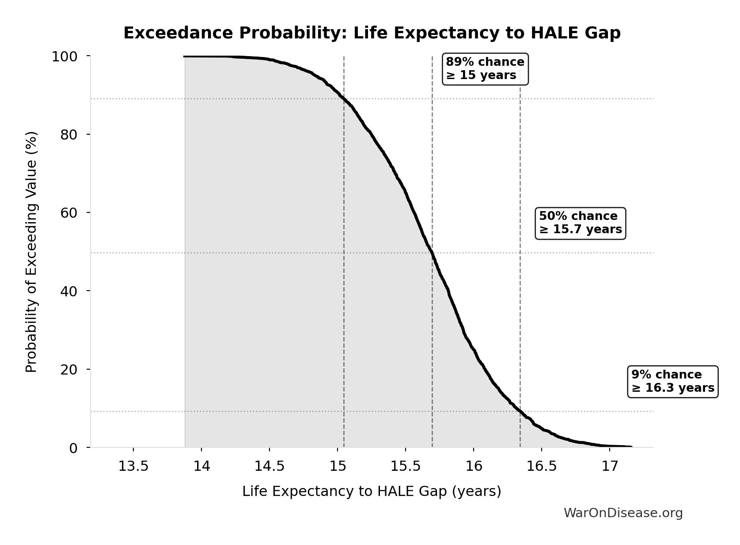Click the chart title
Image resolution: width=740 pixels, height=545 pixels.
click(372, 34)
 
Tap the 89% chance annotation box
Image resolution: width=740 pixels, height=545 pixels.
click(485, 69)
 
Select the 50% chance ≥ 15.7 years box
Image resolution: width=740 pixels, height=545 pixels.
click(580, 223)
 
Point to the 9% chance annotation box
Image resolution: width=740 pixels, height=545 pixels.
click(672, 382)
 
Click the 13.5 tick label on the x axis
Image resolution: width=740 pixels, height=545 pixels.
click(133, 466)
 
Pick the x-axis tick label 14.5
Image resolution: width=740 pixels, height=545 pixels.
click(269, 466)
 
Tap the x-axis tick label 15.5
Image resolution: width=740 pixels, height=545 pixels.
click(405, 466)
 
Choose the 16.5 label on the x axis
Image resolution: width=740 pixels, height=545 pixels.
click(541, 466)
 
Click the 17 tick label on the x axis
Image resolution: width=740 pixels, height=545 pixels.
click(609, 466)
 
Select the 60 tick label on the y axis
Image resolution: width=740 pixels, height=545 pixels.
click(69, 213)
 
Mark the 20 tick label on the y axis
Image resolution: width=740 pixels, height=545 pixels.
click(69, 370)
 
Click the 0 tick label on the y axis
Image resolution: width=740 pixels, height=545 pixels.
click(73, 448)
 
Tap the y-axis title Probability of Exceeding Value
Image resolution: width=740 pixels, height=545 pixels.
click(31, 252)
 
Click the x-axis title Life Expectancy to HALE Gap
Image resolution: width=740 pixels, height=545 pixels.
click(372, 492)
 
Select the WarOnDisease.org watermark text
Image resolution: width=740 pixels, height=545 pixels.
click(623, 513)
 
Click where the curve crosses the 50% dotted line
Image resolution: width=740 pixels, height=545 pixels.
click(432, 253)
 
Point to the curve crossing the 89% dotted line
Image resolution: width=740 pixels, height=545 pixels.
click(344, 99)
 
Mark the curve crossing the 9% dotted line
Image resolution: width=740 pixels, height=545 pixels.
click(520, 411)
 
